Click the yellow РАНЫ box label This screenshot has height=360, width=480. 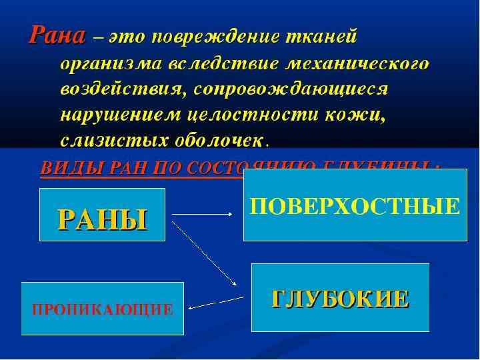pyautogui.click(x=102, y=218)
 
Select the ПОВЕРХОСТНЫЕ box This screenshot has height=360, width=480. pyautogui.click(x=354, y=205)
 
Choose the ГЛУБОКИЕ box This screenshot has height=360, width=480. pyautogui.click(x=340, y=298)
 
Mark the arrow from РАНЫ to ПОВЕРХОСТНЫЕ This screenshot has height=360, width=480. pyautogui.click(x=203, y=214)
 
